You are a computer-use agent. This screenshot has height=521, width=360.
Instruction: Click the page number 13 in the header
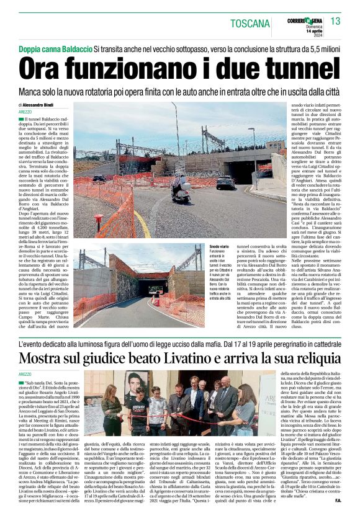pyautogui.click(x=336, y=22)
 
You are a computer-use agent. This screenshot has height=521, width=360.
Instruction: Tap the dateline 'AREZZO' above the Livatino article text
pyautogui.click(x=25, y=374)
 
